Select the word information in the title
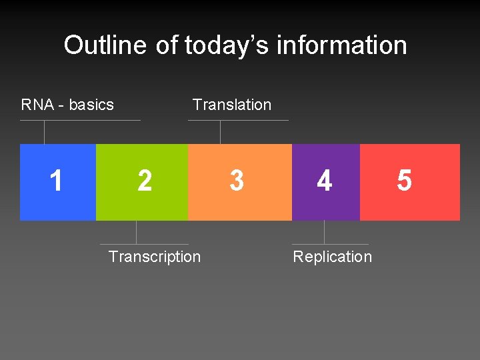[x=341, y=45]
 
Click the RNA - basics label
[x=67, y=105]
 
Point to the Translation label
[x=231, y=105]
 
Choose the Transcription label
[x=154, y=257]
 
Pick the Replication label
[x=332, y=257]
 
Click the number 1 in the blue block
[x=57, y=181]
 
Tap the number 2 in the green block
[x=144, y=181]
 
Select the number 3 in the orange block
[x=236, y=181]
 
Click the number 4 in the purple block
[x=324, y=181]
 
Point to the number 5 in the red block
[x=404, y=181]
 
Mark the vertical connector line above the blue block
[x=44, y=132]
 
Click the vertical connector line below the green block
[x=137, y=232]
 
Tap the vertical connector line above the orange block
[x=220, y=132]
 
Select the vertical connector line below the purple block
[x=324, y=232]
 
